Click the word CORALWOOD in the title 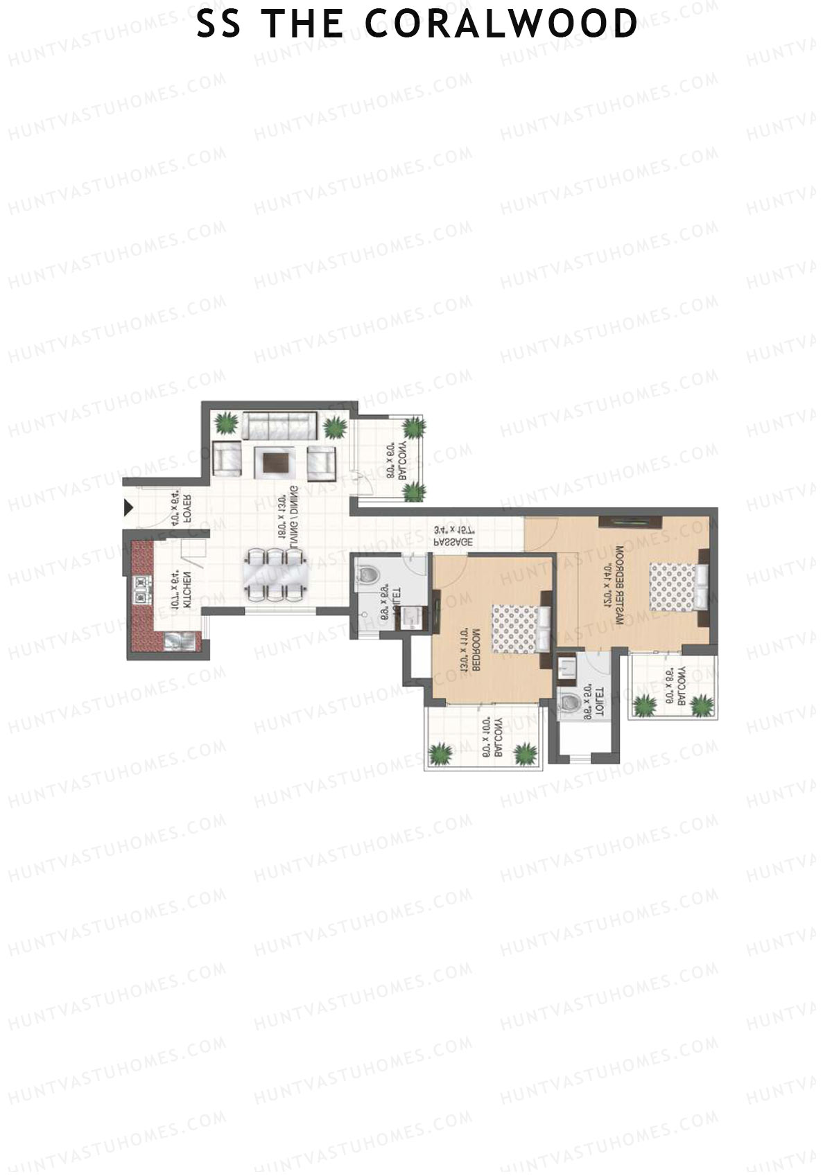coord(501,24)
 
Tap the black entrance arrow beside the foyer coord(128,508)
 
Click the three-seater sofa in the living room coord(279,424)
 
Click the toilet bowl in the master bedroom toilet coord(571,702)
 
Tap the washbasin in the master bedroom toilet coord(567,669)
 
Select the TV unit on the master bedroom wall coord(631,522)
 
